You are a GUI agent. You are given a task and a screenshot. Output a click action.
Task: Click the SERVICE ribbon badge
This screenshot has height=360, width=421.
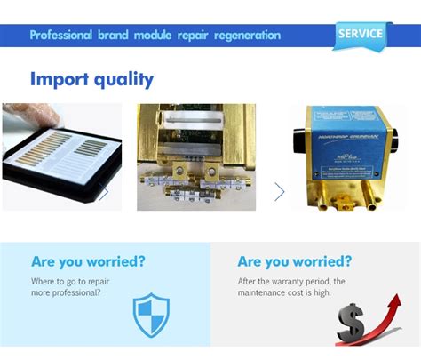click(x=361, y=35)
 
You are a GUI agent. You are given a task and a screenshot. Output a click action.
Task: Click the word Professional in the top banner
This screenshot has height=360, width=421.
click(x=60, y=36)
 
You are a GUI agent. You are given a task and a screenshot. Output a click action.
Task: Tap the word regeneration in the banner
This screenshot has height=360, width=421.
click(x=242, y=36)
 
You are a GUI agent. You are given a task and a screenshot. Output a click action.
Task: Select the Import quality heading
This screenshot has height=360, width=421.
click(x=91, y=78)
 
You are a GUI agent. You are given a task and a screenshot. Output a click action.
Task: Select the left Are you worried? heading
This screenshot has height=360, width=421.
click(x=88, y=261)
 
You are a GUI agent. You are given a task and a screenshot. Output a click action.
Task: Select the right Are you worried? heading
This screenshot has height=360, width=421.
click(x=294, y=261)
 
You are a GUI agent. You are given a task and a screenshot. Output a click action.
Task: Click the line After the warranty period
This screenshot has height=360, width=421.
click(x=290, y=282)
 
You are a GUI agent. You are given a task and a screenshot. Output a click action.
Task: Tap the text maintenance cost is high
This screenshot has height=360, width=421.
click(x=285, y=292)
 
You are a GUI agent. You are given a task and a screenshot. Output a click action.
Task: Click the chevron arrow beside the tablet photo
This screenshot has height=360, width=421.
click(x=105, y=192)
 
